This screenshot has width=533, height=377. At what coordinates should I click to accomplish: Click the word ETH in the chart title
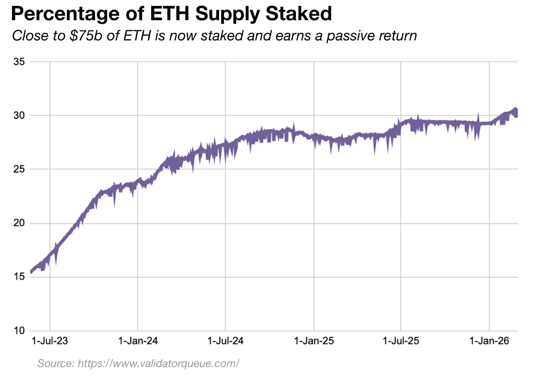[x=170, y=14]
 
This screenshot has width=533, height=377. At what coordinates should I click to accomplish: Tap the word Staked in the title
[x=298, y=14]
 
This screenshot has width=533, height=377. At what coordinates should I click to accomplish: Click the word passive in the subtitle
[x=352, y=36]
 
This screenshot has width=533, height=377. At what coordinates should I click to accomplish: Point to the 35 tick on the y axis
[x=19, y=62]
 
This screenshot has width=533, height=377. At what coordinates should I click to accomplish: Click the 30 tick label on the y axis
[x=19, y=115]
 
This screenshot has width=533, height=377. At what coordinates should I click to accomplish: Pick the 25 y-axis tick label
[x=19, y=169]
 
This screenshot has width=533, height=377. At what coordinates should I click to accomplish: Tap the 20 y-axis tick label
[x=19, y=223]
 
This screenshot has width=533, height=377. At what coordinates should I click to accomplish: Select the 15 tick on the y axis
[x=19, y=277]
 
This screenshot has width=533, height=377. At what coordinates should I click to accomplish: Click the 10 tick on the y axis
[x=19, y=331]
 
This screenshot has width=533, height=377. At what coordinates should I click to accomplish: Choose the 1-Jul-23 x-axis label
[x=50, y=341]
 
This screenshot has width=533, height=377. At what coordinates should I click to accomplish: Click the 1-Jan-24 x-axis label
[x=138, y=341]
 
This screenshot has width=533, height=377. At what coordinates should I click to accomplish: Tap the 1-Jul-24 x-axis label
[x=225, y=341]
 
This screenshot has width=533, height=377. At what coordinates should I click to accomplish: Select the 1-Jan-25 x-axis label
[x=314, y=341]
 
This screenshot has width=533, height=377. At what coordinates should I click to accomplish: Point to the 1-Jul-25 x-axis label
[x=401, y=341]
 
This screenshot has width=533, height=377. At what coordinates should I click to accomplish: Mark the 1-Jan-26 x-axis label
[x=489, y=341]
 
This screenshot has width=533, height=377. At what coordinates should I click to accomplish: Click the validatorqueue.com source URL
[x=158, y=363]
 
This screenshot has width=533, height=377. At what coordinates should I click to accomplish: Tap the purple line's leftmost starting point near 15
[x=31, y=272]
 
